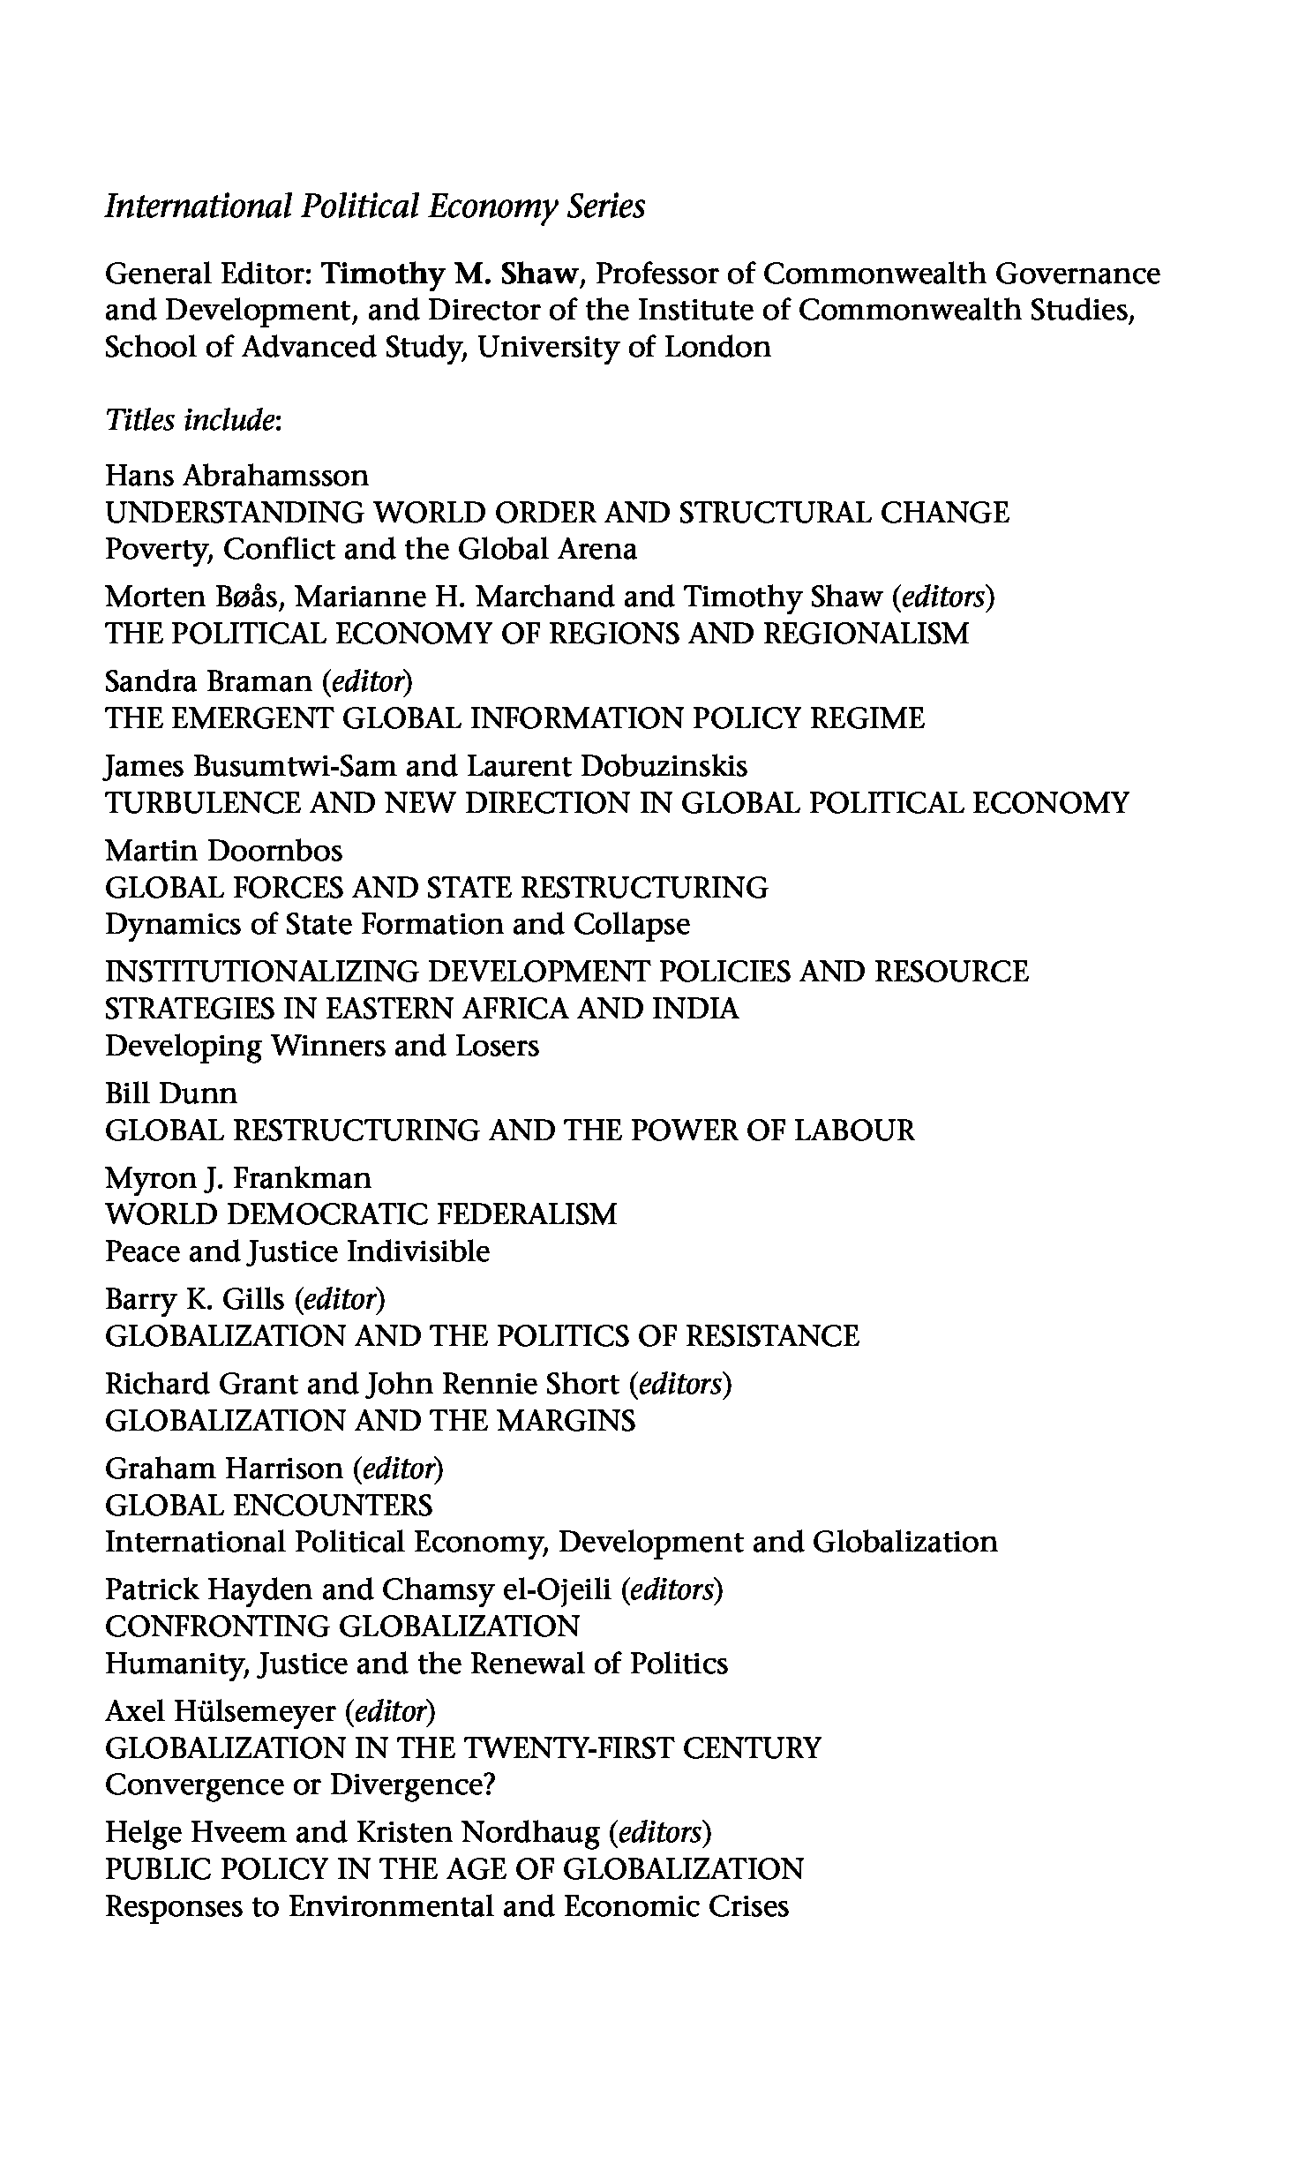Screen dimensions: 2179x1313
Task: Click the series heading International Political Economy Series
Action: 375,207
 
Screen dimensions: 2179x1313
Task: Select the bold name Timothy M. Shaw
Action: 449,274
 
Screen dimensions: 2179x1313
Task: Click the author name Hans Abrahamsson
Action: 237,476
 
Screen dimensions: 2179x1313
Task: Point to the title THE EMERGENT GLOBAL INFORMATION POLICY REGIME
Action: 514,718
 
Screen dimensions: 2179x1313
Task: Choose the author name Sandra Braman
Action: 208,681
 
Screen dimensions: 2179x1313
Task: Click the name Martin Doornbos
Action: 224,851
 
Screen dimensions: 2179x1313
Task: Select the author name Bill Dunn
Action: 171,1093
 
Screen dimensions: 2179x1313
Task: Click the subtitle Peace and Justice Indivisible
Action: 297,1251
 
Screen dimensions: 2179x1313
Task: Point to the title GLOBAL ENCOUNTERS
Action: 269,1505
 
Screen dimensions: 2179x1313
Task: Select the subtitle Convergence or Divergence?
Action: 300,1785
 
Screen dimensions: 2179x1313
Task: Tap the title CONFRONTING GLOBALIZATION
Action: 342,1627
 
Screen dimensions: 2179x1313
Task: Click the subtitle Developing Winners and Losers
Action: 322,1046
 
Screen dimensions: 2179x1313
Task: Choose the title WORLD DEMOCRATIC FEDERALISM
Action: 361,1214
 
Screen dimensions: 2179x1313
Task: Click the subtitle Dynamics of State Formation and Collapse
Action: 398,924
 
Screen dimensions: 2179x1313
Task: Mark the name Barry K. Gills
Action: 195,1299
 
